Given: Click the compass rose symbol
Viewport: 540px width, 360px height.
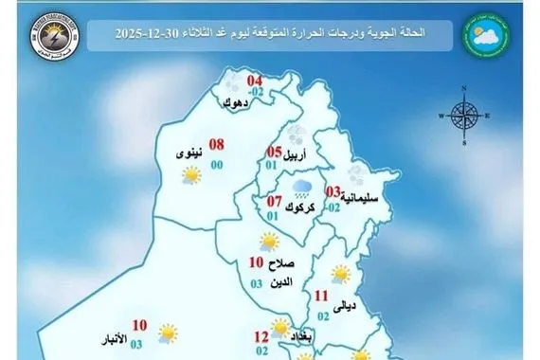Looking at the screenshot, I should pyautogui.click(x=463, y=116).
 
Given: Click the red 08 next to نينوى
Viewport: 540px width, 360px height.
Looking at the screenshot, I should pyautogui.click(x=216, y=145).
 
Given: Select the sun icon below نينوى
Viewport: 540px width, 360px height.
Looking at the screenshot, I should pyautogui.click(x=192, y=175).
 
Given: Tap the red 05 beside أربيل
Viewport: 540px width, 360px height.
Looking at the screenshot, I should pyautogui.click(x=273, y=152).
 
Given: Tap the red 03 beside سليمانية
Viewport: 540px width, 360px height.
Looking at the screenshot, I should pyautogui.click(x=332, y=191).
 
